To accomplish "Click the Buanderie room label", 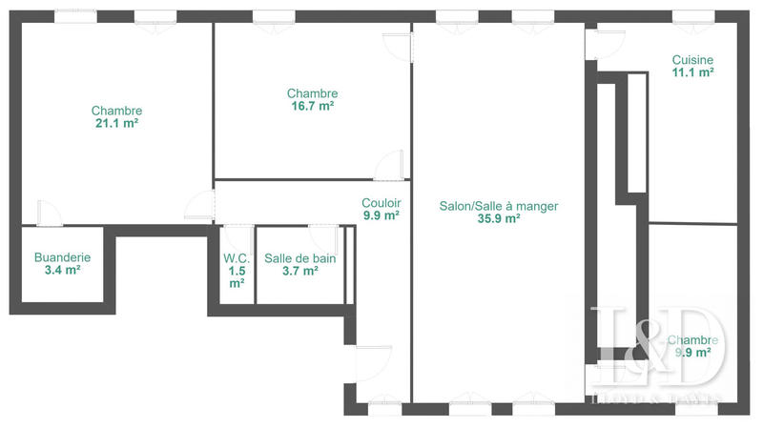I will tap(62, 257).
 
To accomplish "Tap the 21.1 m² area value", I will tap(116, 123).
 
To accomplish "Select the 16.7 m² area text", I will tap(312, 107).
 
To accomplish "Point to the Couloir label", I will tap(381, 202).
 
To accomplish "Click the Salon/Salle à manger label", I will tap(498, 205).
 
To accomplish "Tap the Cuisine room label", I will tap(692, 59).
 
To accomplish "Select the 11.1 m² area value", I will tap(692, 71).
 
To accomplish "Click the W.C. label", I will tap(237, 257).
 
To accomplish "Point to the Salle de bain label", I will tap(299, 257).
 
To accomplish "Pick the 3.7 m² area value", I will tap(299, 271).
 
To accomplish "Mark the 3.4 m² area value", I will tap(62, 271).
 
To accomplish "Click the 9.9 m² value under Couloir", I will tap(381, 215).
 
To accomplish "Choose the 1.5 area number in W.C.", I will tap(237, 271).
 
